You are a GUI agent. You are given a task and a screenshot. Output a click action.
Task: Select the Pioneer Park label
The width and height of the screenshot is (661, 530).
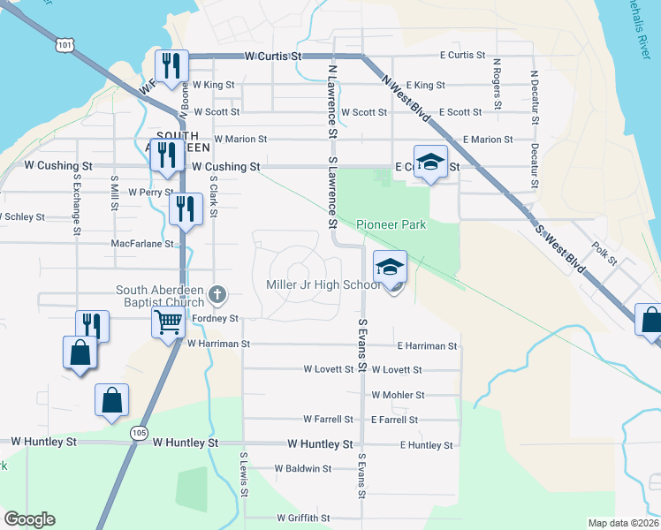(x=391, y=225)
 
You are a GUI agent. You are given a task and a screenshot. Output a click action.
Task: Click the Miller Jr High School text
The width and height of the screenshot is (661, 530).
(x=323, y=284)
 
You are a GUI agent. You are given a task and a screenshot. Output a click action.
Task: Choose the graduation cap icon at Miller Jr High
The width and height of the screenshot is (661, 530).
(x=389, y=266)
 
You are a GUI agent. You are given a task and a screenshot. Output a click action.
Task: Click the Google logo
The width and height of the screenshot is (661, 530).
(x=29, y=519)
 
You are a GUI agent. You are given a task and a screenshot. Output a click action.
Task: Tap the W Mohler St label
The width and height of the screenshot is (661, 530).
(x=398, y=395)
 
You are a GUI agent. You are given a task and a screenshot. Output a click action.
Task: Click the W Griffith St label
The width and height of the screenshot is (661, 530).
(x=302, y=519)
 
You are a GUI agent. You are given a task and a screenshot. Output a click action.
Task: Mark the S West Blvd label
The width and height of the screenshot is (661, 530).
(x=560, y=245)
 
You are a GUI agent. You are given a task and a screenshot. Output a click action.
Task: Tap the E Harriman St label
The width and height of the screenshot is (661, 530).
(x=427, y=346)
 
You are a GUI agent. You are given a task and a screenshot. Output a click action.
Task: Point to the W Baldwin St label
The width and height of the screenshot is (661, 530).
(x=302, y=469)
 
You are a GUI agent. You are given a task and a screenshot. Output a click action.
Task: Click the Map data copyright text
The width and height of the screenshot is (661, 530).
(x=623, y=522)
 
